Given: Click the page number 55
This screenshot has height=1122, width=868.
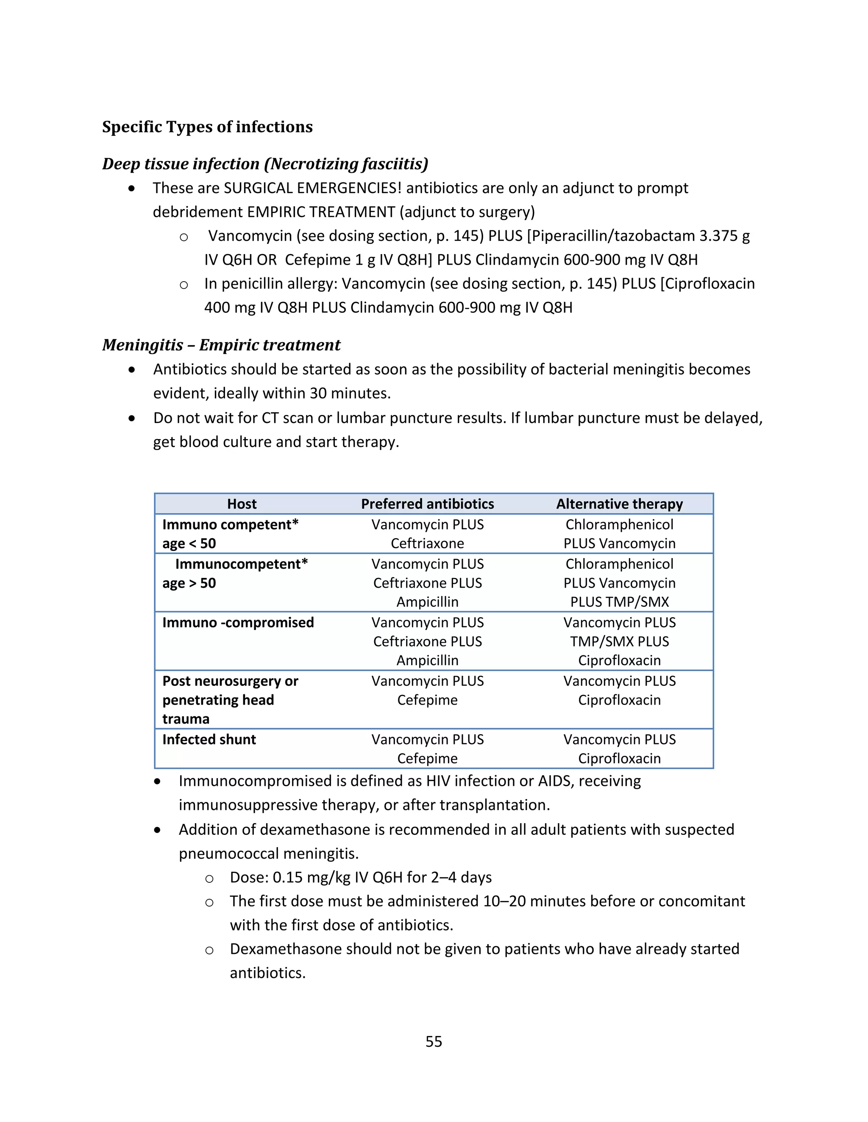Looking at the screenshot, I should (434, 1042).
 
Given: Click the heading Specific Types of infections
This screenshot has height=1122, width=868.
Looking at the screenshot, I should (207, 127).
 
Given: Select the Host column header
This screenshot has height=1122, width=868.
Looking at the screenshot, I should (242, 504).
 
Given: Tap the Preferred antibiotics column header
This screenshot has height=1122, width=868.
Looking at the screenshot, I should (427, 504).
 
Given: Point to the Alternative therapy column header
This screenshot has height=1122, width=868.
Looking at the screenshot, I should (619, 504).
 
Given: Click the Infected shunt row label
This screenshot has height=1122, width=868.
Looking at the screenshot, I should (209, 739).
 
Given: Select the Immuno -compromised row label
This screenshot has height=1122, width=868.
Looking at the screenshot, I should (238, 623).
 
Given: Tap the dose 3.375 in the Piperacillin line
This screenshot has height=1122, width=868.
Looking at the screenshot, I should (718, 236).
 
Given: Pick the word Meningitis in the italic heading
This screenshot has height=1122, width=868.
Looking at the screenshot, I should (142, 345).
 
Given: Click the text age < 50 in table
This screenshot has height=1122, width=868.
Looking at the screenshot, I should (189, 544).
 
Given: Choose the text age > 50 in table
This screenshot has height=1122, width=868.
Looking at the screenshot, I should (189, 583).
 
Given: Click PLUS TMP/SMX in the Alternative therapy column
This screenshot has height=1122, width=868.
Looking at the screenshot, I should (619, 602).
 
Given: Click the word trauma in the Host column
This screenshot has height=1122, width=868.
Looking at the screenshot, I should (186, 719).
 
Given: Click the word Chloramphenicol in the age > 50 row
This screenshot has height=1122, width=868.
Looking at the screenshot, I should (619, 564).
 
